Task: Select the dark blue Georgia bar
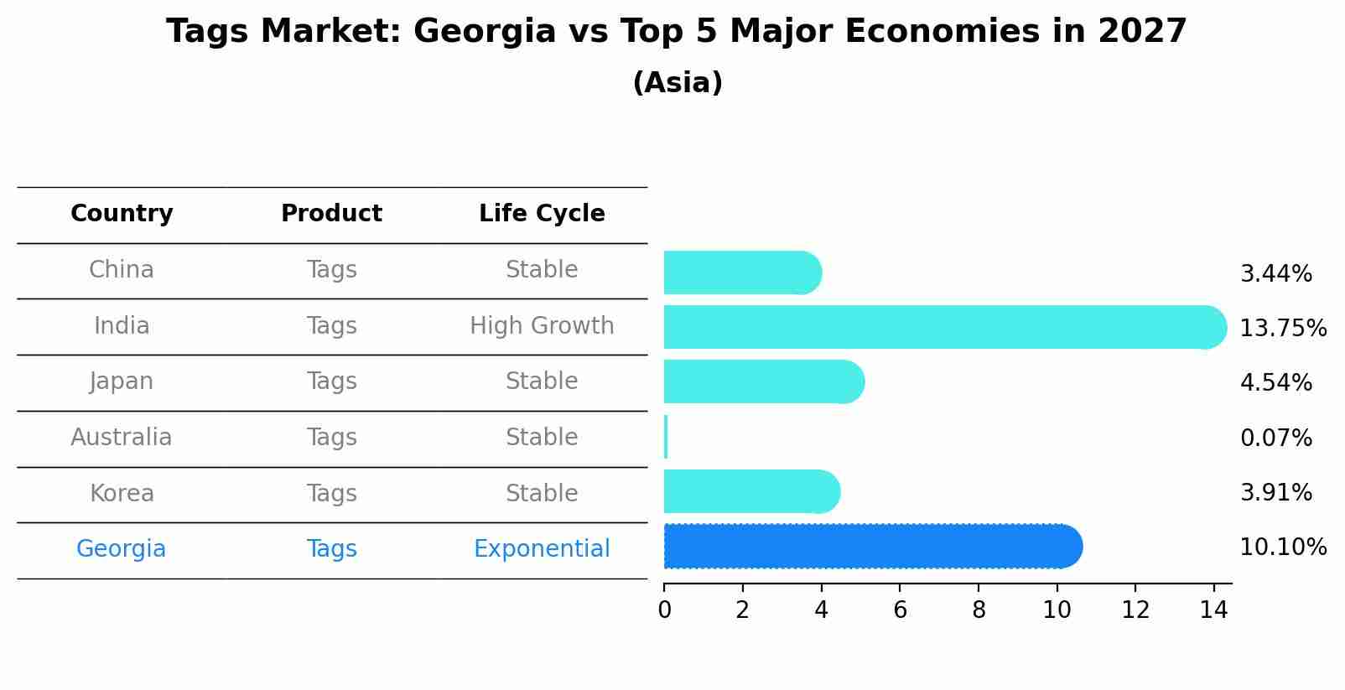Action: click(872, 547)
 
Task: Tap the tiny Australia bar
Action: click(666, 437)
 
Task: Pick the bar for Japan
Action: click(763, 381)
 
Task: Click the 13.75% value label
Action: click(1282, 328)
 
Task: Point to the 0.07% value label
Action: click(1275, 438)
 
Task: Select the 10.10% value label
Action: click(1282, 547)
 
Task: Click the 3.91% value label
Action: click(1275, 492)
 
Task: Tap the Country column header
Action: click(122, 214)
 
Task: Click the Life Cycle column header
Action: click(542, 214)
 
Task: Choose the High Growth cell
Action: click(542, 325)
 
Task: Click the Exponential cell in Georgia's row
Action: click(542, 549)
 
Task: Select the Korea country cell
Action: click(122, 493)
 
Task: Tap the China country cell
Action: click(122, 270)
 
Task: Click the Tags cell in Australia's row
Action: click(331, 438)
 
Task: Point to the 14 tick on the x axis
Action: click(1213, 610)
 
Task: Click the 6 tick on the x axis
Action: click(900, 610)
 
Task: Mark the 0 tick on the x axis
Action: click(664, 610)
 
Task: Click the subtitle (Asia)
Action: click(678, 83)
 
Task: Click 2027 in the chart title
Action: click(1142, 32)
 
